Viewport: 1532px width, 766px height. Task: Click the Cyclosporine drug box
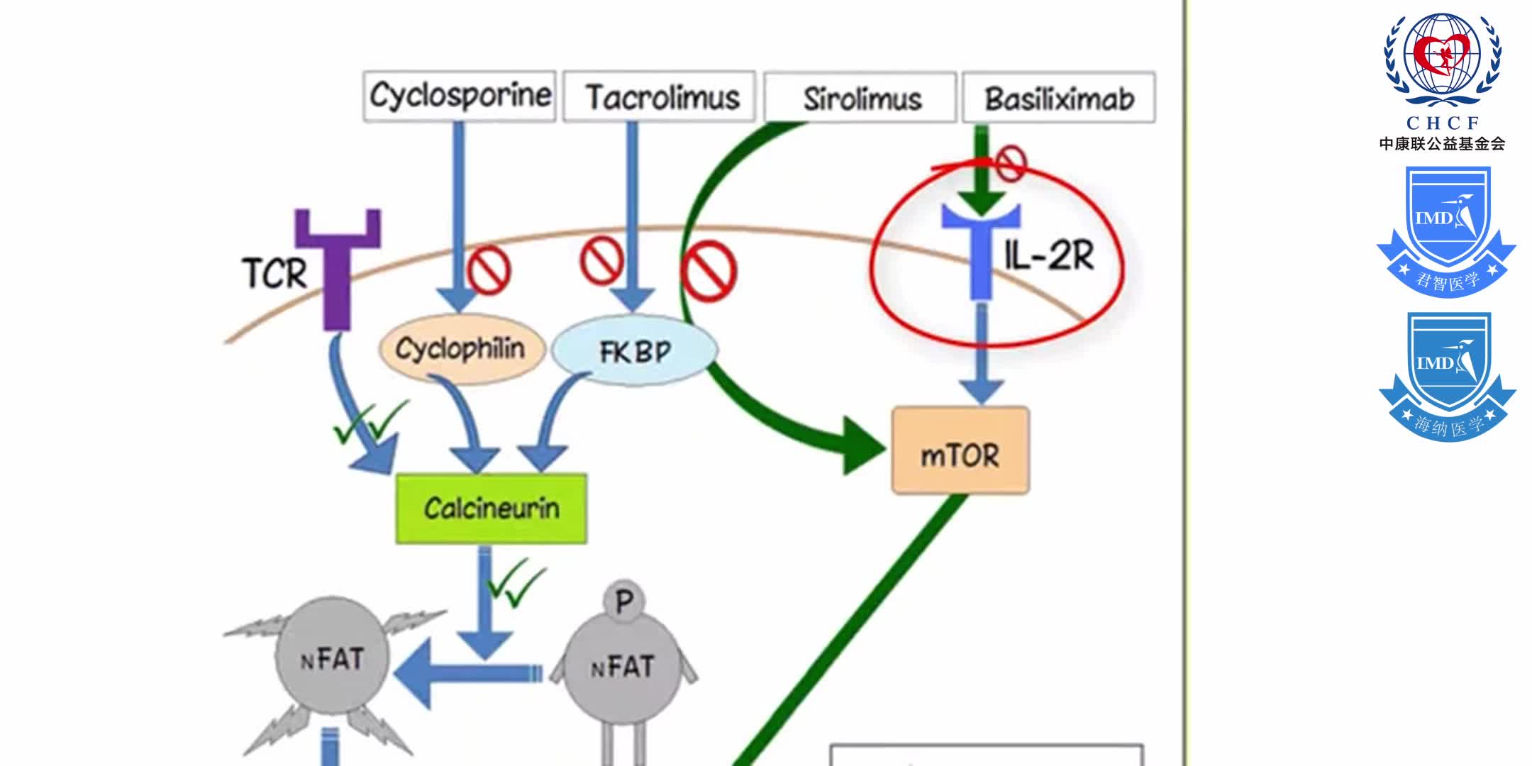(460, 96)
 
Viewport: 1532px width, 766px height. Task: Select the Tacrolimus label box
(660, 97)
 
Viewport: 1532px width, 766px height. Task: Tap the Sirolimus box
(860, 99)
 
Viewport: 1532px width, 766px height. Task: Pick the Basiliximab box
(1059, 99)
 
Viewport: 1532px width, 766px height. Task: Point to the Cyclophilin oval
(461, 349)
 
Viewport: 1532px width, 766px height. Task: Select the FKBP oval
(635, 351)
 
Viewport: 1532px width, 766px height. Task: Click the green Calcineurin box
(491, 509)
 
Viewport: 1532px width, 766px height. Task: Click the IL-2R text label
(1050, 255)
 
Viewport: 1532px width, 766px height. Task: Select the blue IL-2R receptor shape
(981, 248)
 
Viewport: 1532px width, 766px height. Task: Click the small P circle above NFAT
(623, 601)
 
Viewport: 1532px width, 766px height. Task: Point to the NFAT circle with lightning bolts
(332, 660)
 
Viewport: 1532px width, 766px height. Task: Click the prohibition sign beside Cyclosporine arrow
(489, 270)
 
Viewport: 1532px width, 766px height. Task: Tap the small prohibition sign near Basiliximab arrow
(1011, 163)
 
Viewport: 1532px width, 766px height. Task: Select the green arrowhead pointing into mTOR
(862, 445)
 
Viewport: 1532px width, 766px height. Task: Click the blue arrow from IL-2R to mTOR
(981, 355)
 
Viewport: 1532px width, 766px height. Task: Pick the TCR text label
(274, 274)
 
